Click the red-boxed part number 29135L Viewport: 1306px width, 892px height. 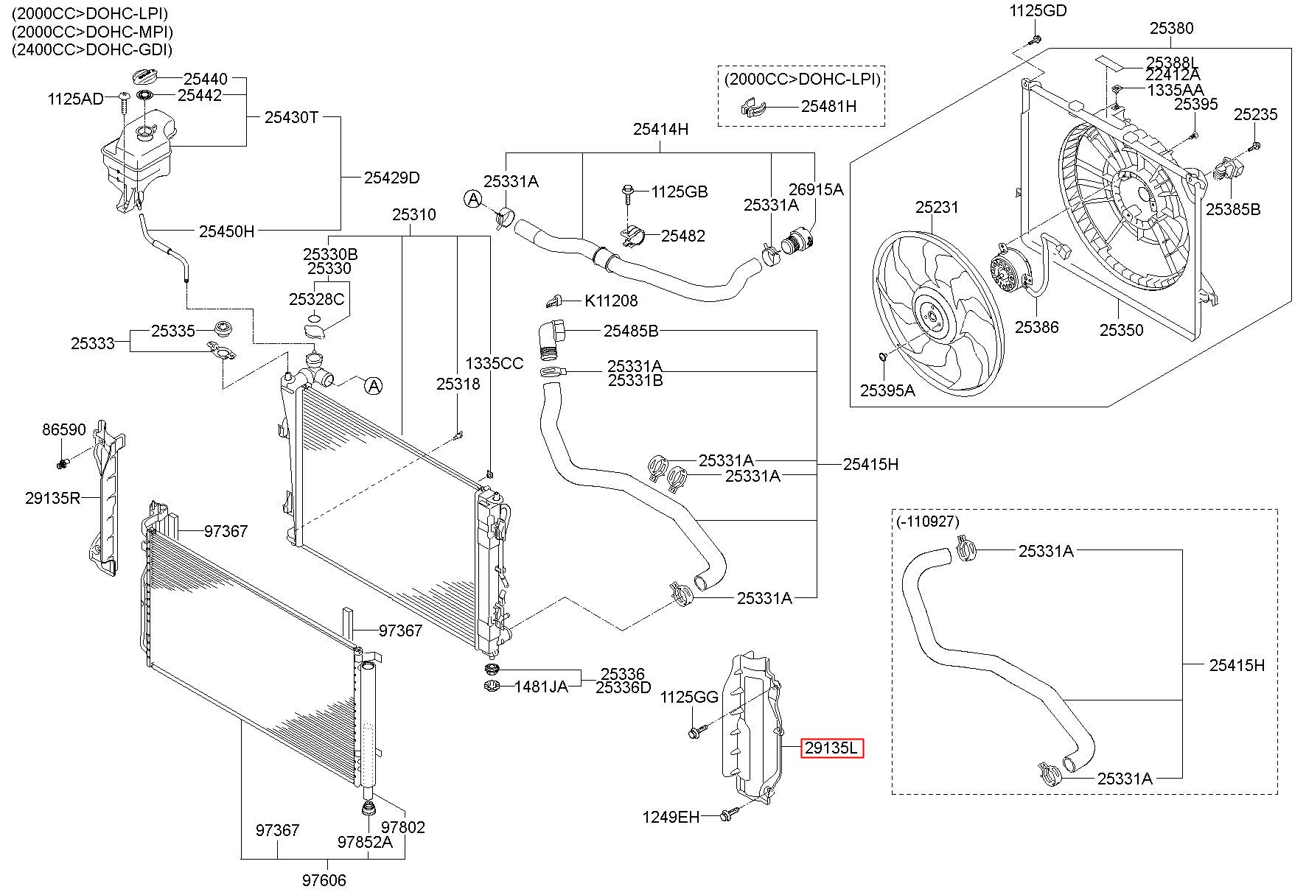[x=831, y=748]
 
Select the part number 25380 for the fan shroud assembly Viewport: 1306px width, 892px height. [x=1172, y=29]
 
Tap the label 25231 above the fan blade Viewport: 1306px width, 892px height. [x=937, y=208]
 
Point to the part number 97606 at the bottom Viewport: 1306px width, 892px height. [x=324, y=879]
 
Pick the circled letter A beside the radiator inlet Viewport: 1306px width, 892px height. [x=374, y=385]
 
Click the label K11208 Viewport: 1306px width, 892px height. [x=611, y=301]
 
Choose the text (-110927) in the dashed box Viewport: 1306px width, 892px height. [x=928, y=521]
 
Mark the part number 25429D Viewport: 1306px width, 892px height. [x=391, y=178]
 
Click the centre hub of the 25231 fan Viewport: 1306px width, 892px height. [x=932, y=317]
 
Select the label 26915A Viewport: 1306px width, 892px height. [x=816, y=189]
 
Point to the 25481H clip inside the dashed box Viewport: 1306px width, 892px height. [x=752, y=108]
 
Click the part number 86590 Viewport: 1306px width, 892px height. [x=64, y=429]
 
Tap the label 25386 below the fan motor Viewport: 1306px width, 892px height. [x=1036, y=327]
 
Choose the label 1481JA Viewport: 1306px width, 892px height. [x=541, y=686]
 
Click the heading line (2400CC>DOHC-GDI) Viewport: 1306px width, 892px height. [x=91, y=50]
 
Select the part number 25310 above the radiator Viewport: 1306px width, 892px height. [x=413, y=215]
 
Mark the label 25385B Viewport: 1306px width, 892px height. [x=1233, y=209]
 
